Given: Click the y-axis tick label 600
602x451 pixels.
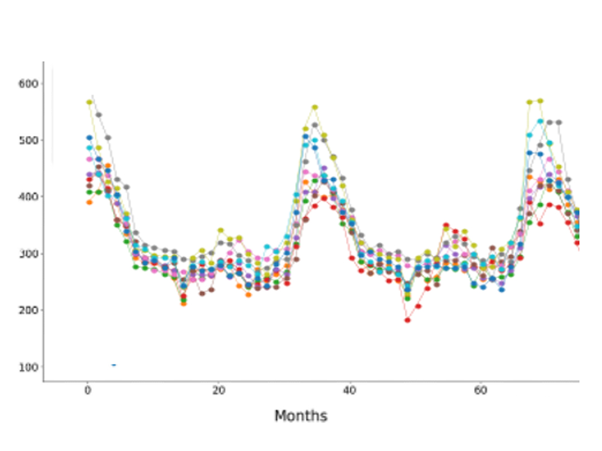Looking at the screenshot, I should coord(28,84).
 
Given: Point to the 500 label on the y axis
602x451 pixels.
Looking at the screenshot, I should coord(28,140).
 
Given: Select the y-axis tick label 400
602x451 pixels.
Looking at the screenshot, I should coord(28,197).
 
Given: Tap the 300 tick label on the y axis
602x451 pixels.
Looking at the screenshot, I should coord(28,253).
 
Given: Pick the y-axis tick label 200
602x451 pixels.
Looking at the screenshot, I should coord(28,310).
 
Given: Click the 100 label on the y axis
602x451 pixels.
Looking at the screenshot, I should coord(28,367).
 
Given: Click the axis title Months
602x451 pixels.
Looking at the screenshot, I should coord(301,416).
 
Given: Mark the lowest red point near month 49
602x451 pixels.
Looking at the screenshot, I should coord(407,320).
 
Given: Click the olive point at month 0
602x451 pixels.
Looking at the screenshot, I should coord(89,102).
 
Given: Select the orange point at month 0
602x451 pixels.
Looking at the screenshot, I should coord(89,202).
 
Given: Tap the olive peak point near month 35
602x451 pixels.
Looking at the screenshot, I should coord(315,107).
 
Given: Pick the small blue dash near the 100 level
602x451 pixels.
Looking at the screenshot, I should coord(114,365).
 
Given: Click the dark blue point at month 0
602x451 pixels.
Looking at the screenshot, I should coord(89,138).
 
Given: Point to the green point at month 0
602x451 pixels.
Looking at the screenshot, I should coord(89,192).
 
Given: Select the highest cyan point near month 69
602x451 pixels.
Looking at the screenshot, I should coord(540,121).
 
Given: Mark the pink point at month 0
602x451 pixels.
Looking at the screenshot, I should coord(89,159).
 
